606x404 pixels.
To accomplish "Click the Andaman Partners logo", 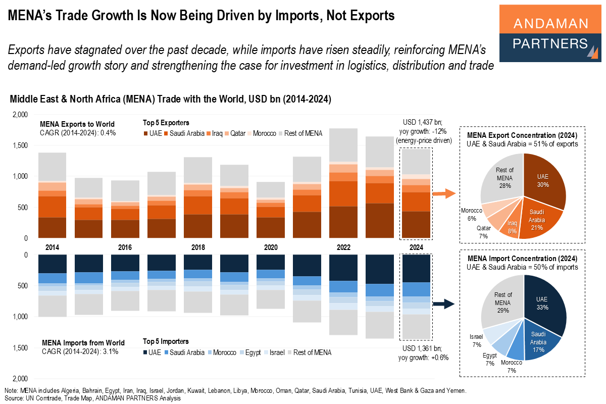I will (550, 33).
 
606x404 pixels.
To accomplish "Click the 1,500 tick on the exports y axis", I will (20, 146).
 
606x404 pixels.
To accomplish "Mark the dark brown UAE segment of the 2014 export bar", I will (52, 227).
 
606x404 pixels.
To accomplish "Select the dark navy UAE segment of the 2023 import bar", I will (379, 269).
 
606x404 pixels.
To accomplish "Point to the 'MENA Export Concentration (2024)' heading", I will (522, 136).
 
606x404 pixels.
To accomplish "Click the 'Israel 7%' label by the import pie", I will (476, 340).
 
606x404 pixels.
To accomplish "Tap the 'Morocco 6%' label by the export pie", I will (473, 214).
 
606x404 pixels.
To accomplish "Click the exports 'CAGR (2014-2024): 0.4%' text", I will (78, 133).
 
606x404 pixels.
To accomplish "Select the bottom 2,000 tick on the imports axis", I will (20, 379).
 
